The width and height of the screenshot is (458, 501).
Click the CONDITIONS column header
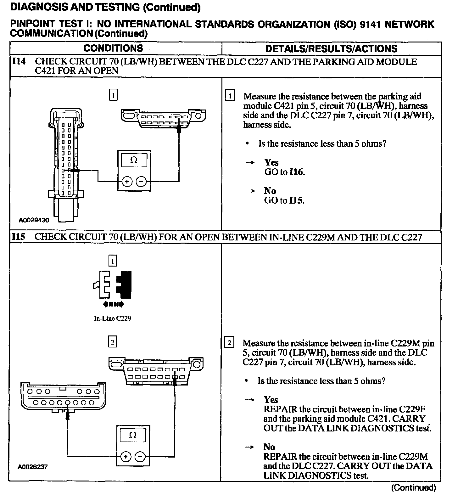(x=113, y=48)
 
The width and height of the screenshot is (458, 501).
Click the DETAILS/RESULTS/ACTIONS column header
(x=331, y=49)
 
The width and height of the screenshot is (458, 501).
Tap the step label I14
(x=19, y=62)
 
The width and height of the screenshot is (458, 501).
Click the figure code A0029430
(x=34, y=220)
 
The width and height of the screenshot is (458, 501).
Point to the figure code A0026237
(x=33, y=467)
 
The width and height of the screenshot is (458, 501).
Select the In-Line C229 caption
(x=113, y=318)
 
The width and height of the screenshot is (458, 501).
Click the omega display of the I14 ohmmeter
(x=134, y=160)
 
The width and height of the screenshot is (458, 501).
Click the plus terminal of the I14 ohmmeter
(x=127, y=182)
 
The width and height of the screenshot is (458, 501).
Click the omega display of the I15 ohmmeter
(x=133, y=435)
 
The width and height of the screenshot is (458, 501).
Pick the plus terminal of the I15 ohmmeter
(x=126, y=457)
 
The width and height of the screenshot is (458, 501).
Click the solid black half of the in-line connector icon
(x=125, y=284)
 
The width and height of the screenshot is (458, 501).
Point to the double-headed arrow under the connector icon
(x=113, y=304)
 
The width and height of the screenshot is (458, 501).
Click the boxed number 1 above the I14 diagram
(x=113, y=95)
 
